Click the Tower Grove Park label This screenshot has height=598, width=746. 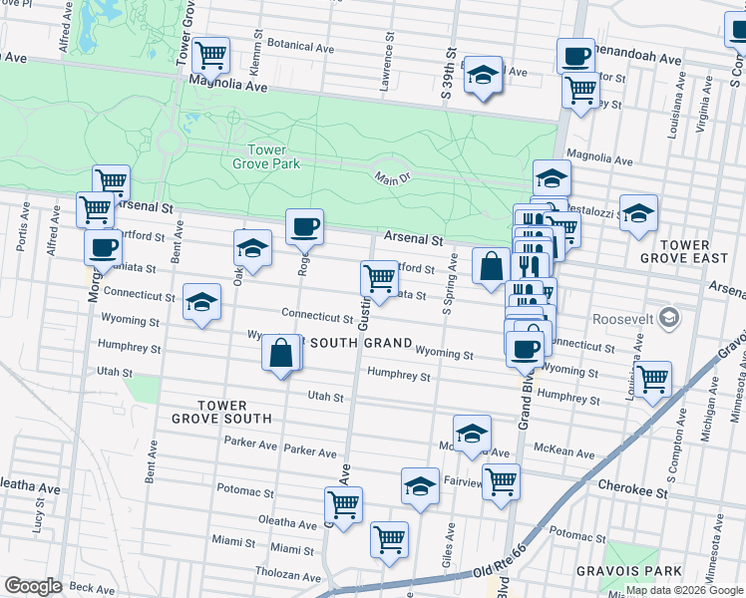[259, 155]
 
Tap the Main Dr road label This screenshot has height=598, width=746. [393, 177]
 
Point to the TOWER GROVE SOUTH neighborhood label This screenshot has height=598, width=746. [234, 412]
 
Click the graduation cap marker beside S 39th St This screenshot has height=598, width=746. [484, 75]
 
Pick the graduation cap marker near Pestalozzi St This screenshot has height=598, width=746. [638, 211]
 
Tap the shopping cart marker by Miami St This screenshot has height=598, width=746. [389, 538]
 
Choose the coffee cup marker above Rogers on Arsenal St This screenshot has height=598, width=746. [305, 225]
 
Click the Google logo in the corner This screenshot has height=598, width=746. [33, 586]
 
